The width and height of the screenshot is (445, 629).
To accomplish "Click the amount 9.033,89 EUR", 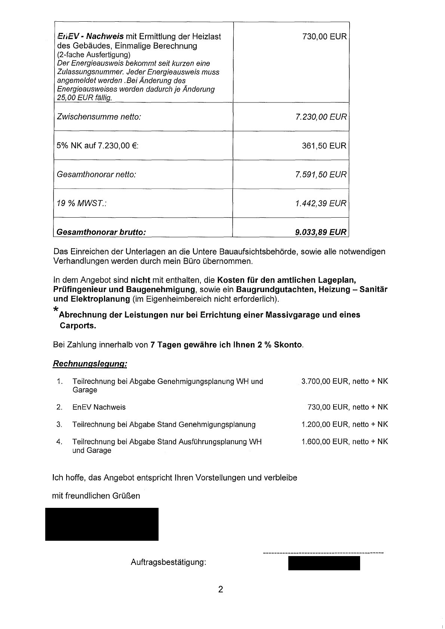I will coord(321,232).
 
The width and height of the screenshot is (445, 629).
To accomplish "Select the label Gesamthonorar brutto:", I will coord(101,232).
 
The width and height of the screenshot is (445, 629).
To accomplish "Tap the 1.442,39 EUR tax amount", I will coord(321,203).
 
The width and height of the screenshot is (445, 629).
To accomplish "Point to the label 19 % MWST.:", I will coord(82,203).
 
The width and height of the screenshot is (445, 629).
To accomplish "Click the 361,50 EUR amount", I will coord(324,145).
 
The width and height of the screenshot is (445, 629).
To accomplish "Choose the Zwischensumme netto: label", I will coord(99,117).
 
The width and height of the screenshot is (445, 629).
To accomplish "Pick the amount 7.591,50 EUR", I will coord(321,175).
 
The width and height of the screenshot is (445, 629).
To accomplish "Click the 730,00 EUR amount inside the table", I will coord(324,37).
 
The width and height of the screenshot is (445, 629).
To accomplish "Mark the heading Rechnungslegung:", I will coord(90,363).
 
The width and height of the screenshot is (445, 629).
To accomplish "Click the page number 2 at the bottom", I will coord(221,590).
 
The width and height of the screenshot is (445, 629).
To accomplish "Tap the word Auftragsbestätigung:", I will coord(169,562).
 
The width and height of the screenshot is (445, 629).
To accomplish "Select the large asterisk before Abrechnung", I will coord(56,309).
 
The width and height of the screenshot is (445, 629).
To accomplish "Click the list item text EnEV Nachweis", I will coord(99,407).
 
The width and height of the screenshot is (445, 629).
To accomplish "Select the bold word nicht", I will coord(140,280).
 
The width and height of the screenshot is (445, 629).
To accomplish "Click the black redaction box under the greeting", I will coord(102,524).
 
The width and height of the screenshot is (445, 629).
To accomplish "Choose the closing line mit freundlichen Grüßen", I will coord(96,496).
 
